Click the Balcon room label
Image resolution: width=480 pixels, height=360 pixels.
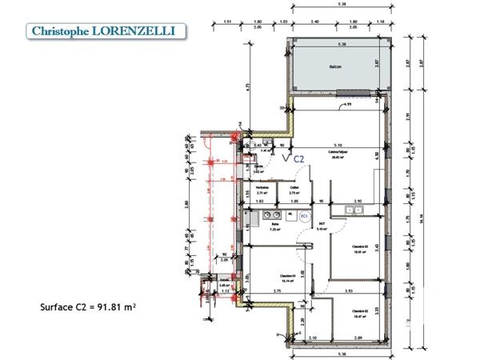coord(335,66)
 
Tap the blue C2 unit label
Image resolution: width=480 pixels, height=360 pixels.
coord(298,159)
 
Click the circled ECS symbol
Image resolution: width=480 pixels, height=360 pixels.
coord(304,216)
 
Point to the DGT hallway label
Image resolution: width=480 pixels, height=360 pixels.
coord(322,226)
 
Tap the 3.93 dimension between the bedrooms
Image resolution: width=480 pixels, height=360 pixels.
coord(347,292)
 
